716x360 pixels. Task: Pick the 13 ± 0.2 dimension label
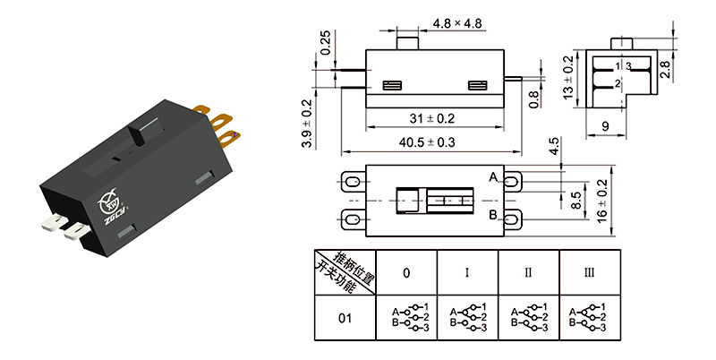[x=568, y=78]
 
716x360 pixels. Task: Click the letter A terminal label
[x=492, y=177]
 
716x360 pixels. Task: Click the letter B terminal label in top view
[x=492, y=215]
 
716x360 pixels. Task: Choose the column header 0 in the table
[x=406, y=272]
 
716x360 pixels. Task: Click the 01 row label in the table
[x=345, y=318]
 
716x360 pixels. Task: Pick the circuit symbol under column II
[x=527, y=318]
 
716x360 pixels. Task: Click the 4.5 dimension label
[x=554, y=146]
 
